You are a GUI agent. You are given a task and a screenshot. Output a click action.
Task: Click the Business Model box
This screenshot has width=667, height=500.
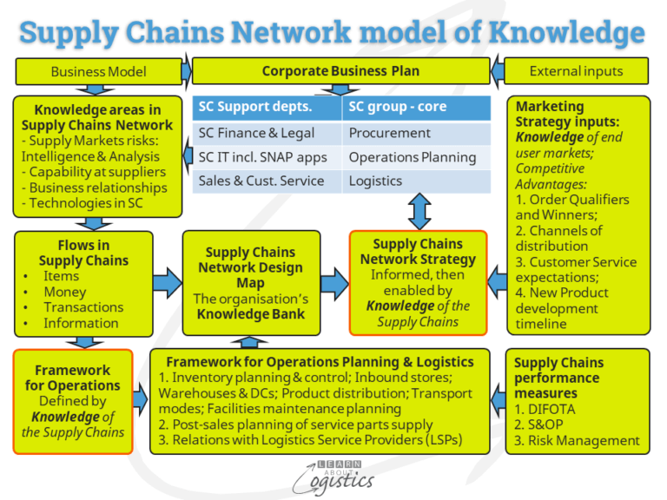click(x=98, y=71)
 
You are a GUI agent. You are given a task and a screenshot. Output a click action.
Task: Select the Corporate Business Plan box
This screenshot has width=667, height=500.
click(x=340, y=71)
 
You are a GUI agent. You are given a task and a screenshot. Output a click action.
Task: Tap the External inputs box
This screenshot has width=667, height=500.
click(x=576, y=71)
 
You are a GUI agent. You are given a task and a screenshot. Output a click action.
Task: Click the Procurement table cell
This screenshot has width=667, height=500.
click(x=390, y=133)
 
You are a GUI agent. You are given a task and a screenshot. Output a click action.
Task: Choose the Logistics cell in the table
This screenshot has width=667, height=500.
click(x=376, y=181)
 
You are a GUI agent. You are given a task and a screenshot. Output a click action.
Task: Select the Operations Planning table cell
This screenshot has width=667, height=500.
click(x=413, y=157)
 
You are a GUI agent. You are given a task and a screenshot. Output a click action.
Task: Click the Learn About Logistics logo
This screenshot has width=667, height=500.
click(x=333, y=474)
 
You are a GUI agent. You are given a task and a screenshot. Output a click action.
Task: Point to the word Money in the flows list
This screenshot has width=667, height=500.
click(x=64, y=292)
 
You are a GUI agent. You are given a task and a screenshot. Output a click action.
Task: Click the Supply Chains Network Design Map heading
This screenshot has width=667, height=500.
click(x=251, y=267)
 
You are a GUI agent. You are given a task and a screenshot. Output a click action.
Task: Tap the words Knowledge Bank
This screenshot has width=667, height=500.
click(x=251, y=314)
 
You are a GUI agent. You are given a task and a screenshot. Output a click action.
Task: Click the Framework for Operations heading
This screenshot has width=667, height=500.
click(x=73, y=378)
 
